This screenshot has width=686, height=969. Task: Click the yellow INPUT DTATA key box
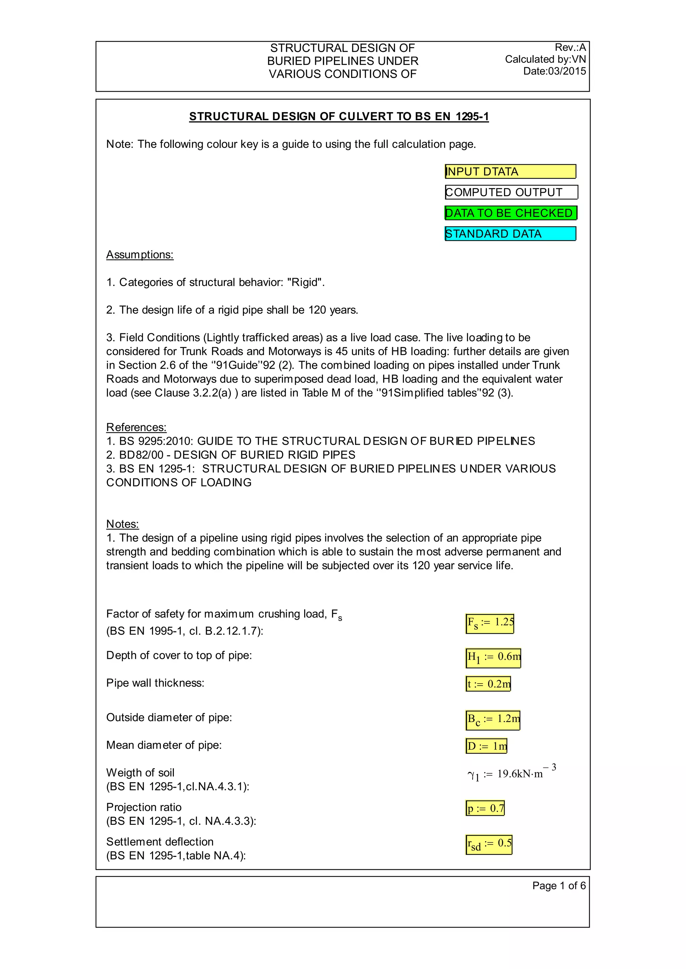[x=510, y=171]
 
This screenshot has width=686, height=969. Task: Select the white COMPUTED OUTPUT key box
[x=511, y=192]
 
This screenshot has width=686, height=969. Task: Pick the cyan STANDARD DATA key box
[x=510, y=234]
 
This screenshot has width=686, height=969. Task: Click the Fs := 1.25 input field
[x=490, y=623]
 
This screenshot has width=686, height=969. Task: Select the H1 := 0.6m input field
[x=493, y=657]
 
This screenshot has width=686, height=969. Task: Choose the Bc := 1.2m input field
[x=492, y=720]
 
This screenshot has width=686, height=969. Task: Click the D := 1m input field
[x=486, y=746]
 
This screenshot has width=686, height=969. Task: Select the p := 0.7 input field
[x=485, y=808]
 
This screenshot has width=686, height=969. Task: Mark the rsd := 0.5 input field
[x=489, y=844]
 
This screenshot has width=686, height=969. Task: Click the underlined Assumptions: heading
[x=140, y=255]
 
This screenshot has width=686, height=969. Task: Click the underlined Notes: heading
[x=123, y=524]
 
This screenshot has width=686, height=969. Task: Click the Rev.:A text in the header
[x=570, y=47]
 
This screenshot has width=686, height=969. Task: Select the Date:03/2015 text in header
[x=554, y=71]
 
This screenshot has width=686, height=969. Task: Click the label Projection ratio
[x=144, y=807]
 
